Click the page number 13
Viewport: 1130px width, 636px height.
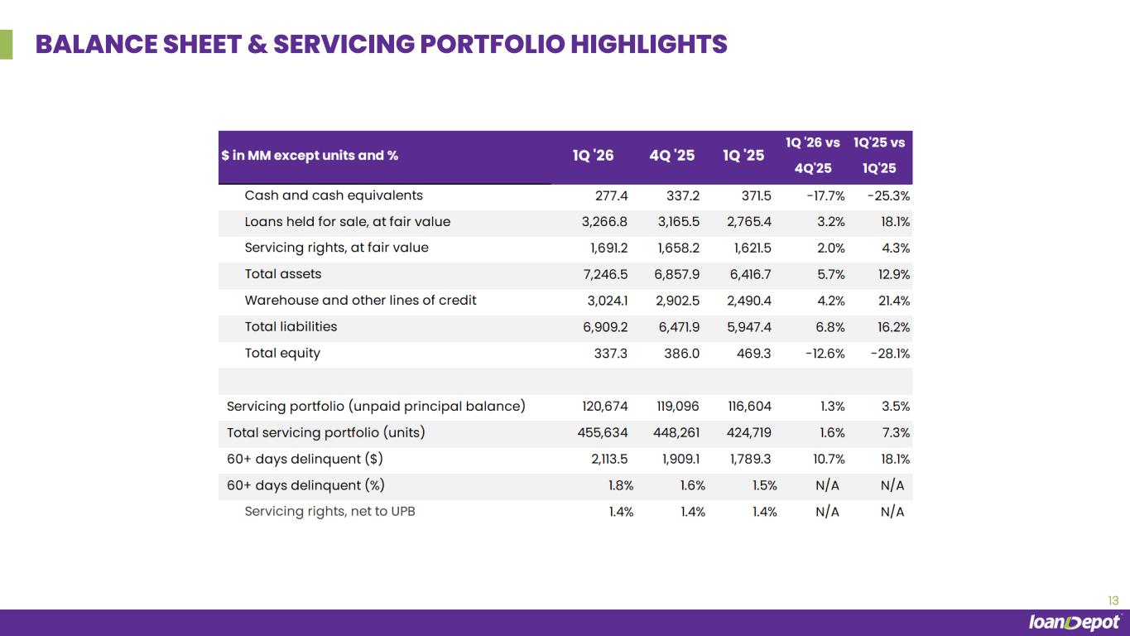1113,600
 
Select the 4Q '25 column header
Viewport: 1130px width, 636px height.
672,156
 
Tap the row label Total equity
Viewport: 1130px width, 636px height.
282,354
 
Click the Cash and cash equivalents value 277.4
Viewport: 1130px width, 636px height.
612,195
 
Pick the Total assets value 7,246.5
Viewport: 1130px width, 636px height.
605,275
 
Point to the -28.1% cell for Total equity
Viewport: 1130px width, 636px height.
891,354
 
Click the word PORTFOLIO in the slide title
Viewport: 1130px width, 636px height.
493,44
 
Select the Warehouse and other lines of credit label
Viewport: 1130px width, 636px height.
360,301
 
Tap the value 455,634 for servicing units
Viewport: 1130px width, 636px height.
603,432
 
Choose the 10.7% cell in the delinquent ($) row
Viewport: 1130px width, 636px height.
829,460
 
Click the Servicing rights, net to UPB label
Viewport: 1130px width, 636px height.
330,511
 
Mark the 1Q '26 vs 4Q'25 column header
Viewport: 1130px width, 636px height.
813,156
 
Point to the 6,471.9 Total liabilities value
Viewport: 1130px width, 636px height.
679,327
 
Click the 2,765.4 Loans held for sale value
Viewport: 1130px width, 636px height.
749,222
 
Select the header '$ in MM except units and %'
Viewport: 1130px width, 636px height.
310,156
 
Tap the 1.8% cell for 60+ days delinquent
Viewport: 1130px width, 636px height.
621,485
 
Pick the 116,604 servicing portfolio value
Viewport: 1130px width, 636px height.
750,407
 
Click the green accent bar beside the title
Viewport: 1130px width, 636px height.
6,45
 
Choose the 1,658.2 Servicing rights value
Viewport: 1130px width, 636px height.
679,248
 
